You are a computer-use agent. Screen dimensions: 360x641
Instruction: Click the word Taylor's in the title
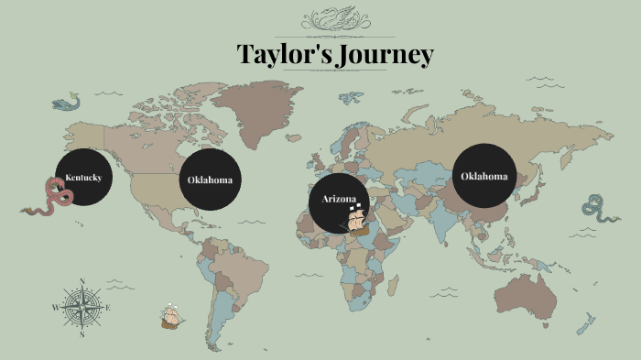pos(280,54)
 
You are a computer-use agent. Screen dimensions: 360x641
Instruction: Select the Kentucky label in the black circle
pos(83,177)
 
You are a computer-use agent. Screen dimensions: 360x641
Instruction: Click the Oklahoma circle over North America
pos(210,179)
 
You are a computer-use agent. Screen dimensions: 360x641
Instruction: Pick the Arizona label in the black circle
pos(339,199)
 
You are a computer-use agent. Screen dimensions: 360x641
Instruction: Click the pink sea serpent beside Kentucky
pos(51,198)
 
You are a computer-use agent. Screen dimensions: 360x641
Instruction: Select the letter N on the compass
pos(82,281)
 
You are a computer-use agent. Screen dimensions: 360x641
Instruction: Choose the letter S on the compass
pos(82,334)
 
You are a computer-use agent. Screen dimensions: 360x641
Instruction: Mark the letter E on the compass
pos(108,308)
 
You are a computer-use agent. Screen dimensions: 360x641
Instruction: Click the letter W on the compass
pos(56,308)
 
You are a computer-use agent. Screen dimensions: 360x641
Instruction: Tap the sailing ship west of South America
pos(171,316)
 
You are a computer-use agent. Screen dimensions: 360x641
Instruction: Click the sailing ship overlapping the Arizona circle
pos(360,218)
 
